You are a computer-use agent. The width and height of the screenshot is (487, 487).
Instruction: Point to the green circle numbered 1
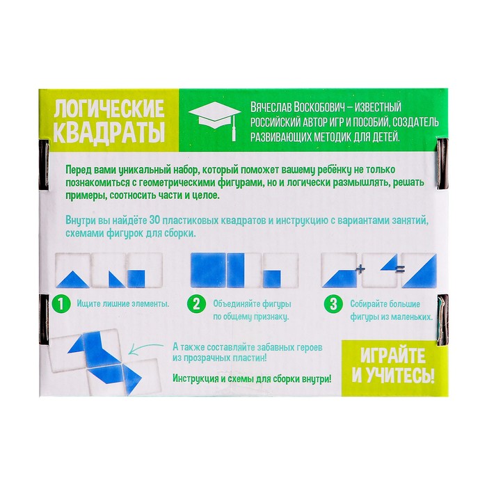(61, 304)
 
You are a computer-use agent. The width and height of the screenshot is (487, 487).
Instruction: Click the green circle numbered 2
(197, 304)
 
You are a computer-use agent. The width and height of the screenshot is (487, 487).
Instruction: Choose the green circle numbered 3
(333, 304)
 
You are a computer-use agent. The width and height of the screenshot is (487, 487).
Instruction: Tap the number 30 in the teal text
(154, 221)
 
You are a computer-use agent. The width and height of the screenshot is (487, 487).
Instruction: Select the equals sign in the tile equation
(400, 270)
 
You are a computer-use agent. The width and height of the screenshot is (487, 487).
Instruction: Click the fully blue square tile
(208, 270)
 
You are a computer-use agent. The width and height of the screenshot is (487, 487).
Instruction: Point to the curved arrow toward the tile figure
(145, 349)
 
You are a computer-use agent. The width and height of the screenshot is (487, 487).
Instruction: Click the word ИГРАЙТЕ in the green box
(393, 356)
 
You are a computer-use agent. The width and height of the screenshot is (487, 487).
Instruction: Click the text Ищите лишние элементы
(123, 303)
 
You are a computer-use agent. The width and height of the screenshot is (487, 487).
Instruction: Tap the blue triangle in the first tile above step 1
(73, 279)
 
